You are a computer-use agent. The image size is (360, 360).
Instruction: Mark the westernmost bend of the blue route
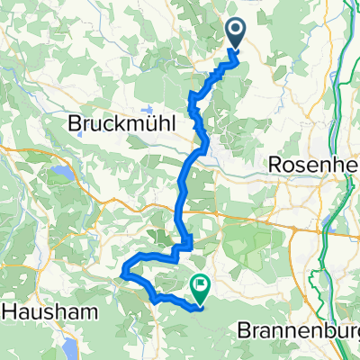click(x=123, y=267)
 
